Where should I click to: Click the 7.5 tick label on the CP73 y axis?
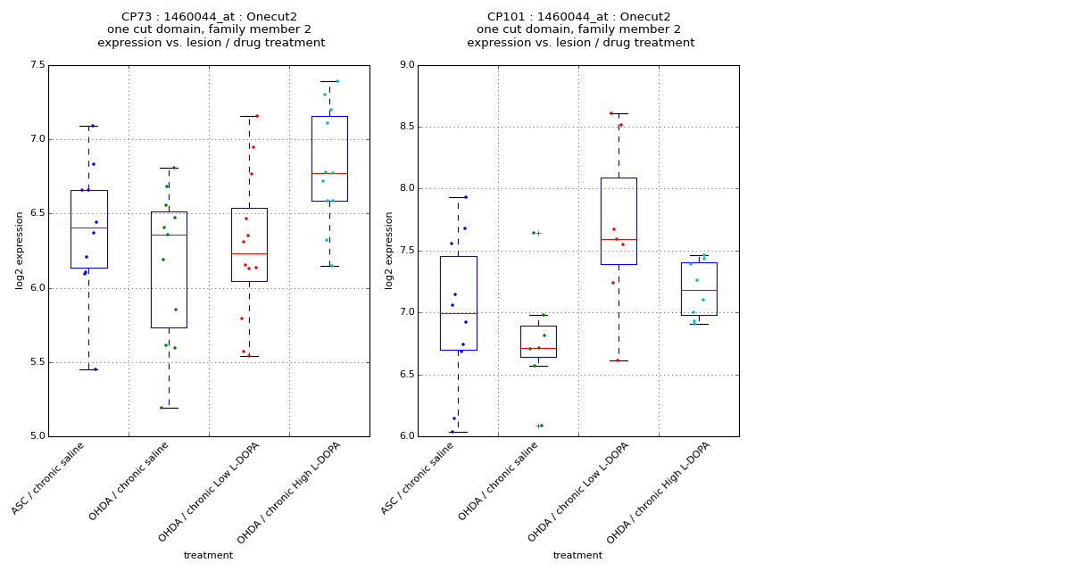pyautogui.click(x=37, y=65)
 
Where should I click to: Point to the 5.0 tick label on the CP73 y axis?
pyautogui.click(x=37, y=436)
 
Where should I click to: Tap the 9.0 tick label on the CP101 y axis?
pyautogui.click(x=406, y=65)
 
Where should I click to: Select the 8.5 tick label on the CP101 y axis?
pyautogui.click(x=406, y=127)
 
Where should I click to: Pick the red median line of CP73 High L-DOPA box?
pyautogui.click(x=329, y=173)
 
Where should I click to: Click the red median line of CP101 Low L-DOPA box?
pyautogui.click(x=619, y=239)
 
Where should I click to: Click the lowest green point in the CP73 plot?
pyautogui.click(x=162, y=408)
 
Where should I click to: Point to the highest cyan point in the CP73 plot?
pyautogui.click(x=337, y=81)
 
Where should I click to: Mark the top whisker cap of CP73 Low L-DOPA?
pyautogui.click(x=249, y=116)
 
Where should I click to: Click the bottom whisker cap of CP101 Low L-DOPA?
pyautogui.click(x=619, y=360)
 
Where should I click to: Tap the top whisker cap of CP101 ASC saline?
pyautogui.click(x=458, y=197)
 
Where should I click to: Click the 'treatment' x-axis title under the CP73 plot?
pyautogui.click(x=208, y=555)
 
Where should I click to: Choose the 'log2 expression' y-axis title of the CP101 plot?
pyautogui.click(x=389, y=250)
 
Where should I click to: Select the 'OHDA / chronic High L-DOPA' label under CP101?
pyautogui.click(x=660, y=493)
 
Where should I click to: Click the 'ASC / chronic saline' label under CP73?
pyautogui.click(x=50, y=478)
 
